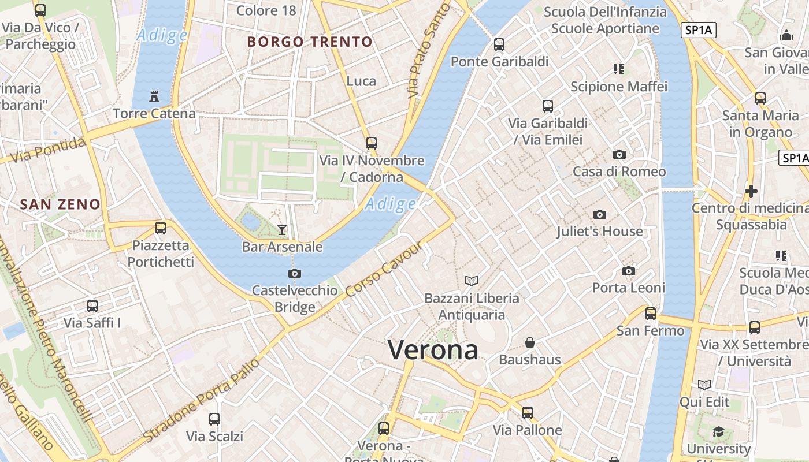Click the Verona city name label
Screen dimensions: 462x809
pyautogui.click(x=433, y=350)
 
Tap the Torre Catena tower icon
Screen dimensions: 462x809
pyautogui.click(x=154, y=96)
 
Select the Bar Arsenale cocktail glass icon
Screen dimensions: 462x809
pyautogui.click(x=282, y=230)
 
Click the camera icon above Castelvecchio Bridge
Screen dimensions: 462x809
pyautogui.click(x=295, y=273)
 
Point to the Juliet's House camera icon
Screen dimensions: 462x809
pyautogui.click(x=600, y=214)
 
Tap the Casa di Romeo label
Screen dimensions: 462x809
pyautogui.click(x=619, y=172)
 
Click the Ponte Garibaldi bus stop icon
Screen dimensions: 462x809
pyautogui.click(x=499, y=44)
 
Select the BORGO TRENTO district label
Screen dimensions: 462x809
pyautogui.click(x=310, y=42)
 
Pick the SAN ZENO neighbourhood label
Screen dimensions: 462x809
pyautogui.click(x=60, y=204)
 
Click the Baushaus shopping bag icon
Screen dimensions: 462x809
pyautogui.click(x=530, y=342)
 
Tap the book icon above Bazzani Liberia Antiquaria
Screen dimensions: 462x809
pyautogui.click(x=472, y=281)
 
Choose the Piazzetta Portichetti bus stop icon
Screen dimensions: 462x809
pyautogui.click(x=161, y=228)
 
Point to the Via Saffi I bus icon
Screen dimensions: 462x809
pyautogui.click(x=92, y=306)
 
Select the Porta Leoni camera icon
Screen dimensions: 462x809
pyautogui.click(x=629, y=271)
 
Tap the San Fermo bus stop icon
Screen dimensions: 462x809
pyautogui.click(x=651, y=314)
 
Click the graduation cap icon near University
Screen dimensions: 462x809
pyautogui.click(x=718, y=431)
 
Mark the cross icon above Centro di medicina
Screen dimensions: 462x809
pyautogui.click(x=751, y=191)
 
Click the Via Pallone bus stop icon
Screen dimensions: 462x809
pyautogui.click(x=527, y=413)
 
